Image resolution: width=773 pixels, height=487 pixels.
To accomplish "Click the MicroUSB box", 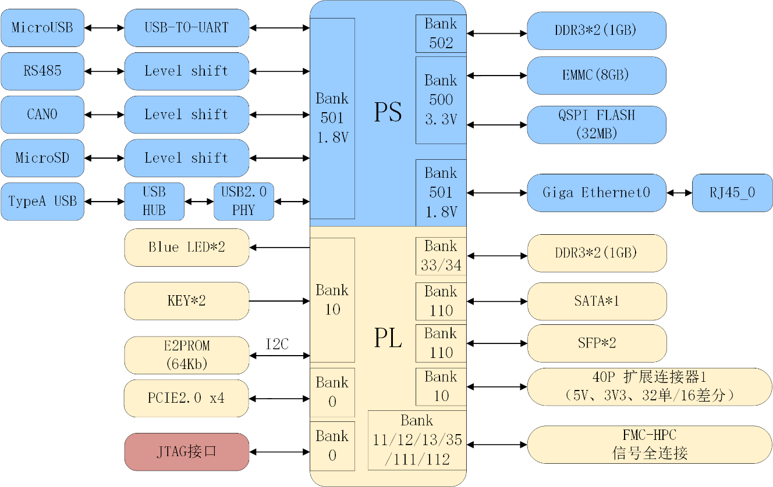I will tap(42, 28).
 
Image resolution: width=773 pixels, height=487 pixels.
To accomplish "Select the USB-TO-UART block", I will tap(186, 28).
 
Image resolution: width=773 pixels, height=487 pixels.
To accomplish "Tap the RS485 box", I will tap(42, 71).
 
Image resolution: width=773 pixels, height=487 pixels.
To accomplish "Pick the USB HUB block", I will tap(154, 202).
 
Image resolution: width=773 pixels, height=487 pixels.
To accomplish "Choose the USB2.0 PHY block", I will tap(243, 202).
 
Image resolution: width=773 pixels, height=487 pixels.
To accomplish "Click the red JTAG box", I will tap(186, 452).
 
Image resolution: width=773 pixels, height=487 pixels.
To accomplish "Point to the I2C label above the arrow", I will tap(277, 345).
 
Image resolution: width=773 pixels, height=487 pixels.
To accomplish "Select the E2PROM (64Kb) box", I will tap(186, 355).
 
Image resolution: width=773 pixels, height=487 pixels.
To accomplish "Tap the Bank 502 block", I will tap(441, 34).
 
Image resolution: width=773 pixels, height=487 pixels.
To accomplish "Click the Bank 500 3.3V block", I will tap(441, 100).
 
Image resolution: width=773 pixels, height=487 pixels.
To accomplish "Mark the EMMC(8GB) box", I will tap(596, 76).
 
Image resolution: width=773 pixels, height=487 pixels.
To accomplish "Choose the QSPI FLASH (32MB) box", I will tap(596, 124).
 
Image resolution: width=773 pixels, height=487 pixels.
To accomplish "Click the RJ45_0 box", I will tap(732, 193).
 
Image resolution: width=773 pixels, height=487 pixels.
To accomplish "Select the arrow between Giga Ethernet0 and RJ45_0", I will tap(679, 193).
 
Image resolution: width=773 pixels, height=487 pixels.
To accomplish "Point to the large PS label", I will tap(388, 113).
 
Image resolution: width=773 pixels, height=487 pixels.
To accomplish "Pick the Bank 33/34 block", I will tap(441, 256).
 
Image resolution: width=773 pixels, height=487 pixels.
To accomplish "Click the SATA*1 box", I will tap(596, 301).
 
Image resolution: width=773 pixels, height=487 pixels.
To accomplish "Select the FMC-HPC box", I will tap(650, 445).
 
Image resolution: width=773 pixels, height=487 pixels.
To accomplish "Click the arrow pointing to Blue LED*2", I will tap(279, 248).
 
